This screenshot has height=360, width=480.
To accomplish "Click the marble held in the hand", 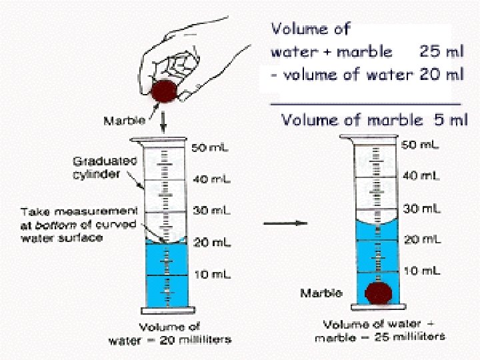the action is tap(164, 91).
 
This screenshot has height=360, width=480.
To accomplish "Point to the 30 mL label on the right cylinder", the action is tap(421, 209).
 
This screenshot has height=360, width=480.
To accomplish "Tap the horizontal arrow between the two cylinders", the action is tap(285, 223).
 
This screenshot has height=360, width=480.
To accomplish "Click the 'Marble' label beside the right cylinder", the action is tap(321, 293).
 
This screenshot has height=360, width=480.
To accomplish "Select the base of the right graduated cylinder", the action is tap(378, 311).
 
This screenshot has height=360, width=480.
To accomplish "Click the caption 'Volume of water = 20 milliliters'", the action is tap(171, 333).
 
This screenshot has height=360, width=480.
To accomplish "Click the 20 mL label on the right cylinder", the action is tap(420, 240).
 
